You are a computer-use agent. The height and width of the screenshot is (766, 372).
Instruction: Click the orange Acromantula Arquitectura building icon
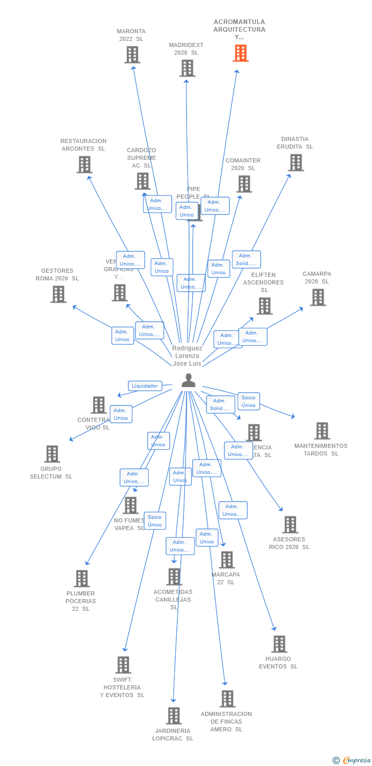point(241,53)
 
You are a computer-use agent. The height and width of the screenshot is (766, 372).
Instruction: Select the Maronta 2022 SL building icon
point(132,55)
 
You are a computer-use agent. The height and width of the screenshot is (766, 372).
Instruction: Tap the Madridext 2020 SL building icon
point(188,68)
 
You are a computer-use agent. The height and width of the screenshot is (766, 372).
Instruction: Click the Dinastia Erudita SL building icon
point(296,162)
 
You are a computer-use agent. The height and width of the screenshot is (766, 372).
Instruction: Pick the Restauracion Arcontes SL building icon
point(84,164)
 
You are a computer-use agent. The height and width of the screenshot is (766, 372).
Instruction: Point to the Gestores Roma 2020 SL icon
point(58,294)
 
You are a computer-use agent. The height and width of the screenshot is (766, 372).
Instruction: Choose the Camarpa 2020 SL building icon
point(318,297)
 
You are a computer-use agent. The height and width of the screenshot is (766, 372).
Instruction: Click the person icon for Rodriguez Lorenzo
point(189,380)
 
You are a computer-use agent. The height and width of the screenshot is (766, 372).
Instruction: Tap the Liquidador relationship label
point(145,386)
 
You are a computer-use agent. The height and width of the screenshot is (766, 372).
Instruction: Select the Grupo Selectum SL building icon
point(52,454)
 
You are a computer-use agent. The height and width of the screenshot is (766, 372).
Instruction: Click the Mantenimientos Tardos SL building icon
point(322,431)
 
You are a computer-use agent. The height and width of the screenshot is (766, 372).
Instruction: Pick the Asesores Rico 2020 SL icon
point(290,524)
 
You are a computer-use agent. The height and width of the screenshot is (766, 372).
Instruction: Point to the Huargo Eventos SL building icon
point(279,644)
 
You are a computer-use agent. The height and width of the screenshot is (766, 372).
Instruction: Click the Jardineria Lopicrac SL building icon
point(174,716)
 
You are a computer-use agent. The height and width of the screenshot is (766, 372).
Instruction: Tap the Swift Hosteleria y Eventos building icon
point(123,665)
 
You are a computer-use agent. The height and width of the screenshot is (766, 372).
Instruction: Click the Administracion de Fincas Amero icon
point(227,699)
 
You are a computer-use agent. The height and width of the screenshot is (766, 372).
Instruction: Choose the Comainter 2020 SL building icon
point(244,184)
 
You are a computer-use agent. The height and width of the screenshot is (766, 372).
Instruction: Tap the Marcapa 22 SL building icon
point(227,560)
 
